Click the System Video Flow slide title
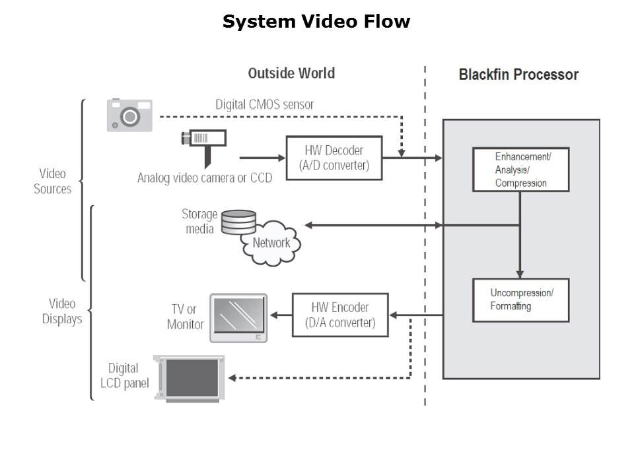point(316,22)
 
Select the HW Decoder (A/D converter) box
point(334,158)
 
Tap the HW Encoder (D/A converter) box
point(340,315)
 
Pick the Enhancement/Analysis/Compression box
point(520,170)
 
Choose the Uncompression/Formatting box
point(520,300)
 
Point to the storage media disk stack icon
point(238,222)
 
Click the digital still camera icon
point(130,115)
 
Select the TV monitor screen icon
point(238,318)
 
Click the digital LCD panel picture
point(192,378)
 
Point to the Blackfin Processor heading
point(518,74)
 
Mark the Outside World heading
point(291,73)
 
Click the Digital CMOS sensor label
point(264,104)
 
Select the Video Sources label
point(52,181)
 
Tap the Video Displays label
point(62,311)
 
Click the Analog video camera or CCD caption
point(204,177)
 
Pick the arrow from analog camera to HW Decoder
point(262,158)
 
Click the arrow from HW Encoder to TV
point(282,315)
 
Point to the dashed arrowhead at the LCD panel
point(233,378)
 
